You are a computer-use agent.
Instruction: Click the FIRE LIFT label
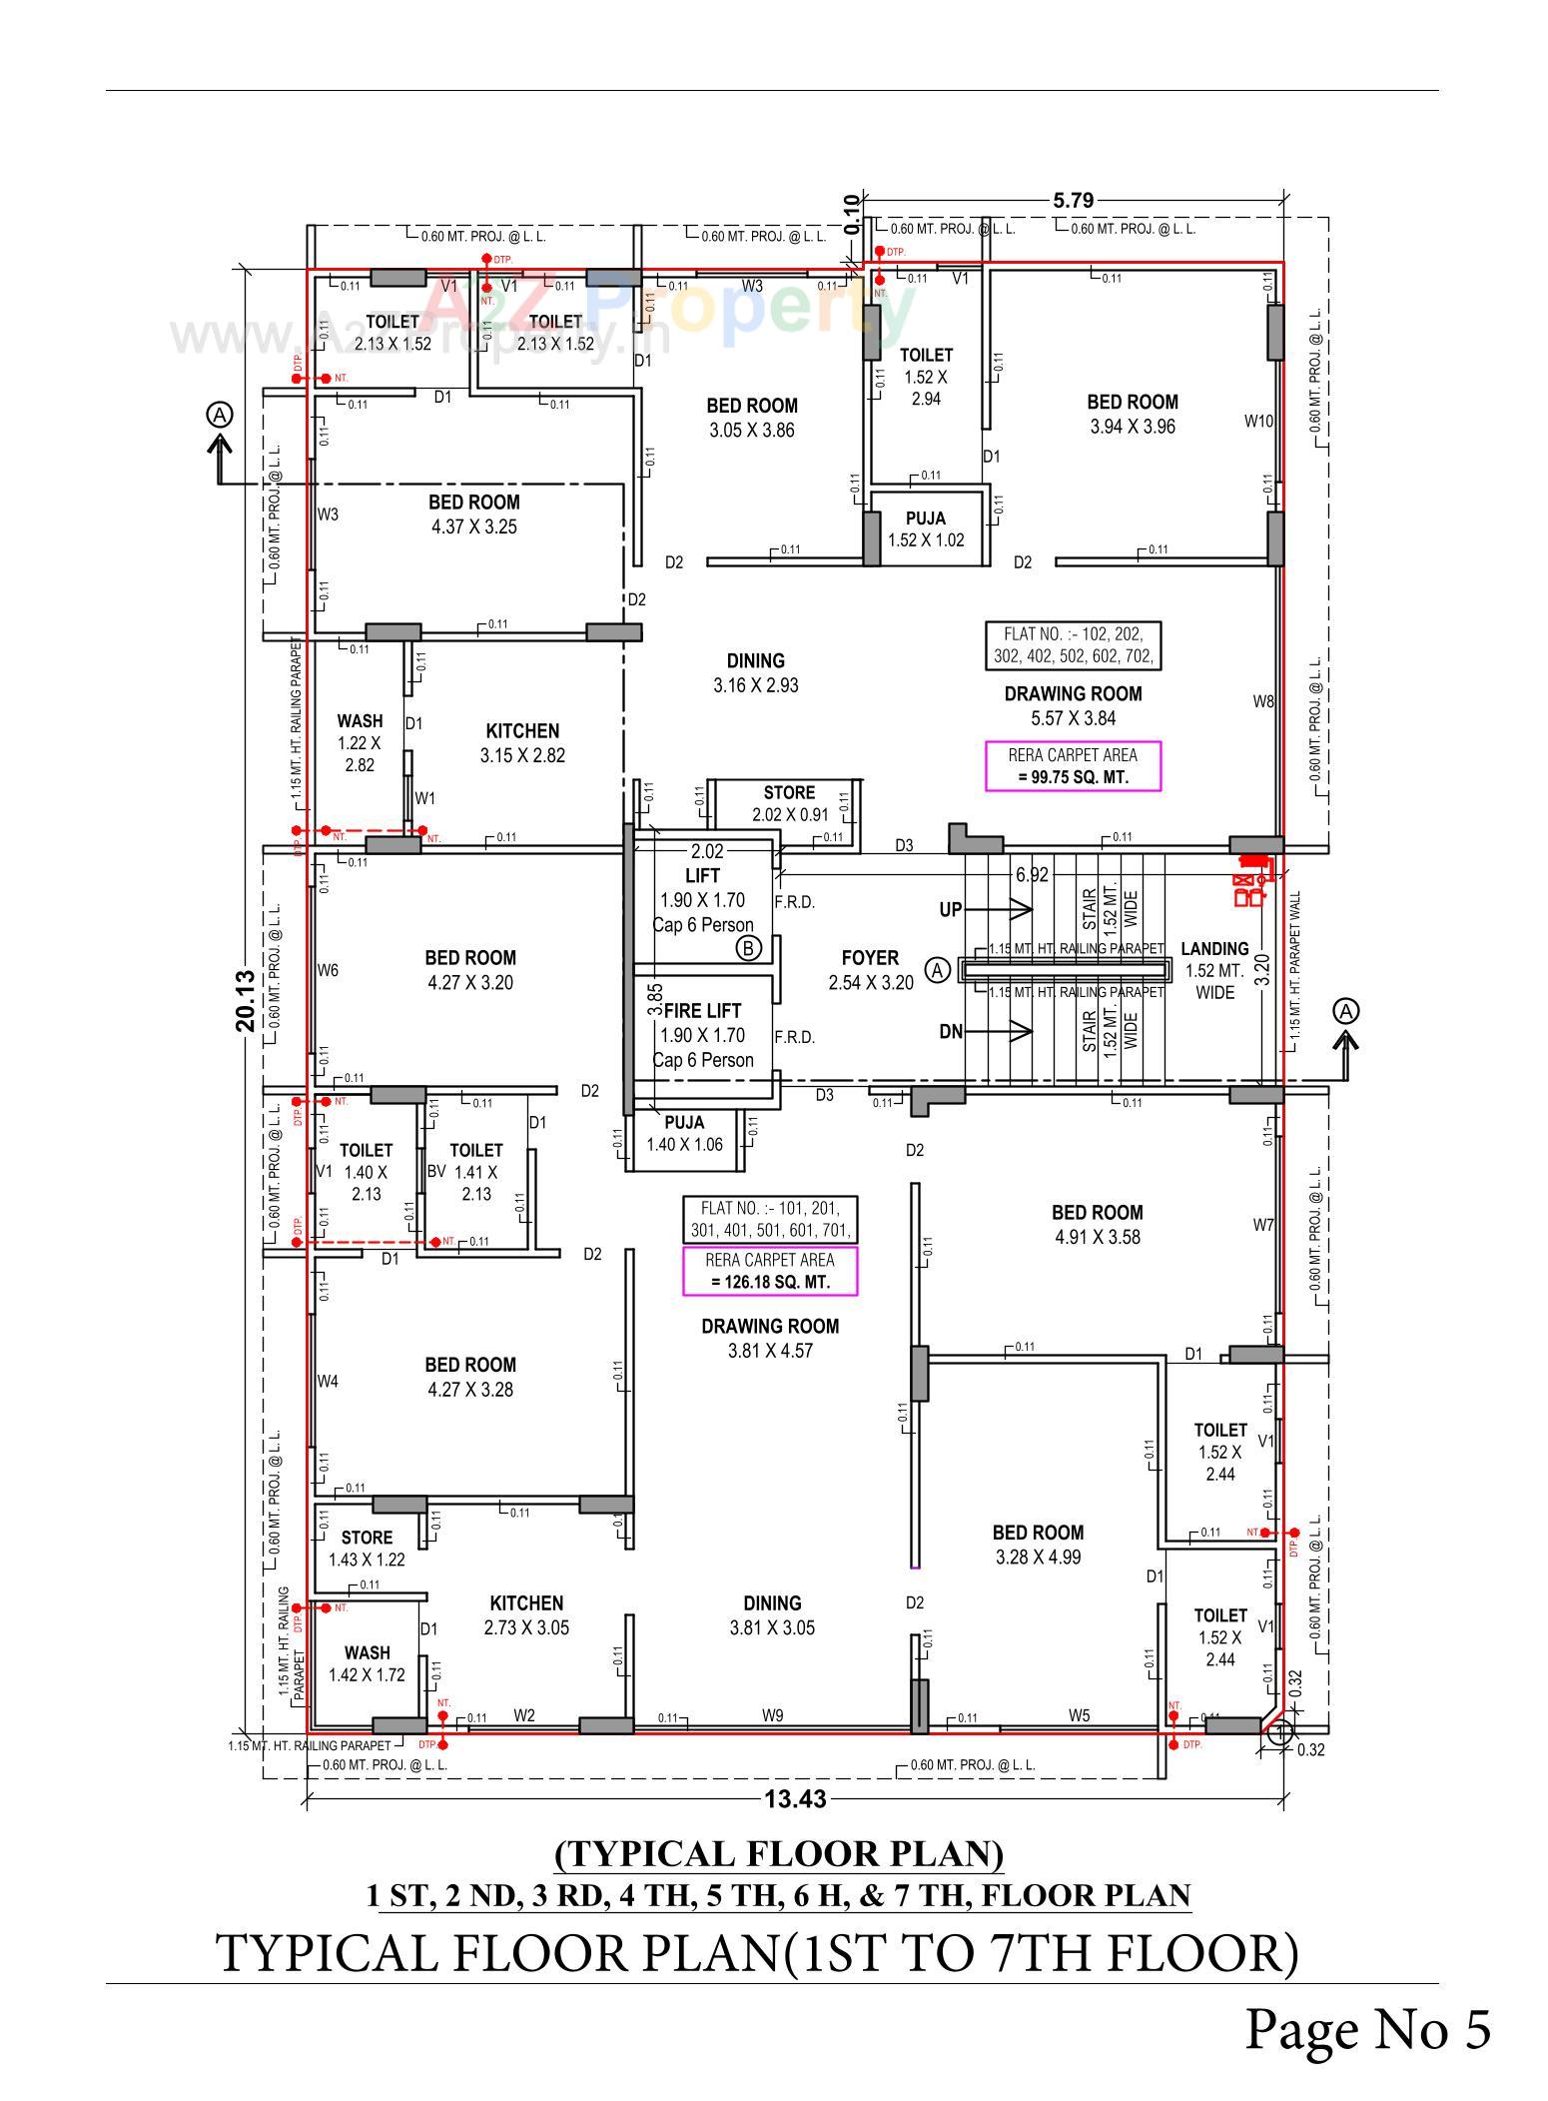702,1011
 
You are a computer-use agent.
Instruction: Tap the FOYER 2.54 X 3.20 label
870,970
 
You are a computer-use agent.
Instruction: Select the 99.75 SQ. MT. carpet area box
1073,766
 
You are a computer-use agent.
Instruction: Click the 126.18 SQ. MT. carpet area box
770,1271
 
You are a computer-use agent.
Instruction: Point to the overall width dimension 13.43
795,1799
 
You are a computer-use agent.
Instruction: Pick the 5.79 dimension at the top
1073,201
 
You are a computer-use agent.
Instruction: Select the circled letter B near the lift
748,948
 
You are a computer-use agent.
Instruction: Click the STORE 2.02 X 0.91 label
789,803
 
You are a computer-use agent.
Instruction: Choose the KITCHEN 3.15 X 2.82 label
522,743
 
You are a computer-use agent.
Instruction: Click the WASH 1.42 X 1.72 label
367,1663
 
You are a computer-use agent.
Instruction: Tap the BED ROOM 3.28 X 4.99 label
1038,1545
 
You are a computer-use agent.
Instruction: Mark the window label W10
1258,422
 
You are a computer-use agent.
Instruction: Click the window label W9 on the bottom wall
772,1716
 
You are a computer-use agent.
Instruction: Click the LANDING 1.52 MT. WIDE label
1214,970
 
